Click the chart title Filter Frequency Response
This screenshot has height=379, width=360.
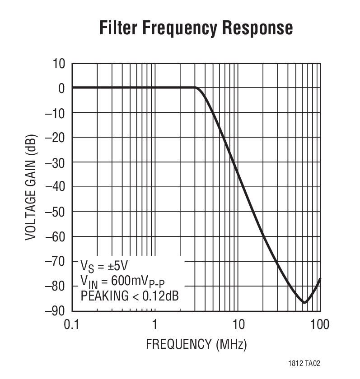pyautogui.click(x=196, y=28)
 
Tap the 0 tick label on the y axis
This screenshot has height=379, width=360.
pyautogui.click(x=62, y=88)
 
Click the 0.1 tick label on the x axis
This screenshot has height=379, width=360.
pyautogui.click(x=72, y=324)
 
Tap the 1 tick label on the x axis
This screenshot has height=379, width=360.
pyautogui.click(x=155, y=324)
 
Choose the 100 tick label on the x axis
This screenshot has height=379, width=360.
pyautogui.click(x=319, y=324)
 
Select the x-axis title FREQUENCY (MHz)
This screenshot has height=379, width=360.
pyautogui.click(x=196, y=345)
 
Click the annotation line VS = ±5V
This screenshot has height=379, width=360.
pyautogui.click(x=107, y=264)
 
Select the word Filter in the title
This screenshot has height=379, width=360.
pyautogui.click(x=118, y=28)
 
